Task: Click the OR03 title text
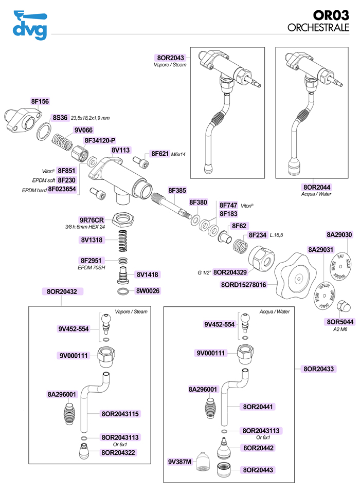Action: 334,15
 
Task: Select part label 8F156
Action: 40,102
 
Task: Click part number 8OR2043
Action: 170,58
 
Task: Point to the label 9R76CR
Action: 92,219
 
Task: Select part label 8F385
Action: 177,191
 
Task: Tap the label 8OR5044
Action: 338,322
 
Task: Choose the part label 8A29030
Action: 339,234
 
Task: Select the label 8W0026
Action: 148,291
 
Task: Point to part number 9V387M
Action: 179,462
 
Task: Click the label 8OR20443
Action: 258,470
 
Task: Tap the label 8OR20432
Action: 62,291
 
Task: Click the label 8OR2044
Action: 317,187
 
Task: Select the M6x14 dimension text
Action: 178,154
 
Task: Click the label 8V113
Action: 120,150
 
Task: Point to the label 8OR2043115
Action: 120,413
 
